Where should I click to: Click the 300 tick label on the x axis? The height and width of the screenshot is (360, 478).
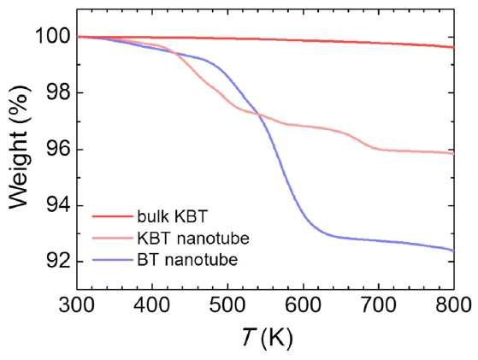point(77,304)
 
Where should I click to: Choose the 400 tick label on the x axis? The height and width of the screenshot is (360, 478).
point(152,304)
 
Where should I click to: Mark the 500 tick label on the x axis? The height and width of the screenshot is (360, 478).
point(227,304)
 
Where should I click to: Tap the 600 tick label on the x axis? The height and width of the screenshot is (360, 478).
point(303,304)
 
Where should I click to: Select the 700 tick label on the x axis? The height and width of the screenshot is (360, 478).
point(379,304)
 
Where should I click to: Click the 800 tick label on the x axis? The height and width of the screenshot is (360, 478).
point(453,304)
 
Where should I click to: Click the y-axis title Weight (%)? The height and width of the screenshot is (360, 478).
point(21,147)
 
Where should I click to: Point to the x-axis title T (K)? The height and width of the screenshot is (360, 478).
point(268,337)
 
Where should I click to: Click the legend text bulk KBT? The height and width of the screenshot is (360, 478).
point(172,216)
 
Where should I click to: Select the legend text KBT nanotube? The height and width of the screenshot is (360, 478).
point(193,238)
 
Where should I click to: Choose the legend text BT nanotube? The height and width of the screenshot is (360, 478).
point(187,260)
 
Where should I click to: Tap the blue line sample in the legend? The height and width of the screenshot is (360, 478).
point(113,260)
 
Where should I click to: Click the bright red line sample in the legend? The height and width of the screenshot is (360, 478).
point(113,216)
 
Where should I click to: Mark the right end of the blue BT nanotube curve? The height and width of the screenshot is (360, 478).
point(454,251)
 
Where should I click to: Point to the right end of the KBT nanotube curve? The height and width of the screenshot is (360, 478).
point(454,154)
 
